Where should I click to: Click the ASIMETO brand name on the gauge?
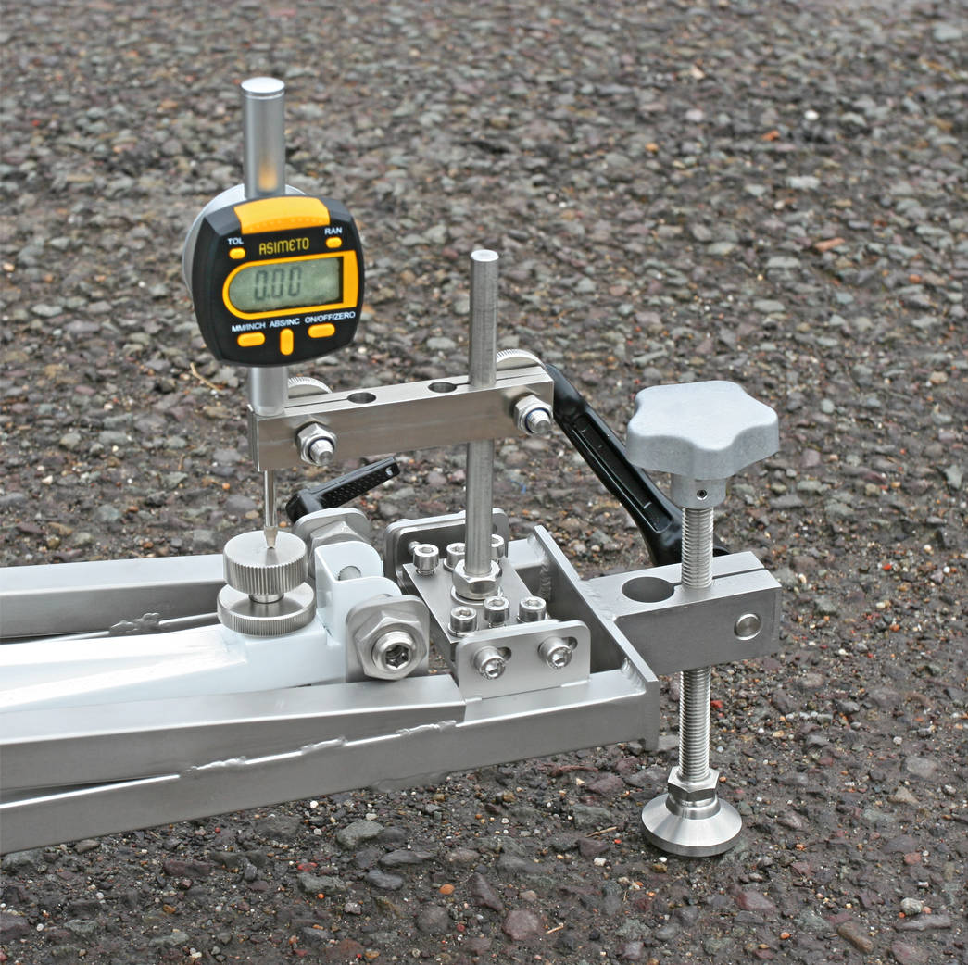[283, 245]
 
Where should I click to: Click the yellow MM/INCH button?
[250, 339]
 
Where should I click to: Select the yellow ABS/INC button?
[286, 342]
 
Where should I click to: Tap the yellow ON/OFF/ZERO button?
[321, 331]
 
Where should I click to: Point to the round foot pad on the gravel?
[691, 822]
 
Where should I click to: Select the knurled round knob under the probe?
[266, 581]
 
